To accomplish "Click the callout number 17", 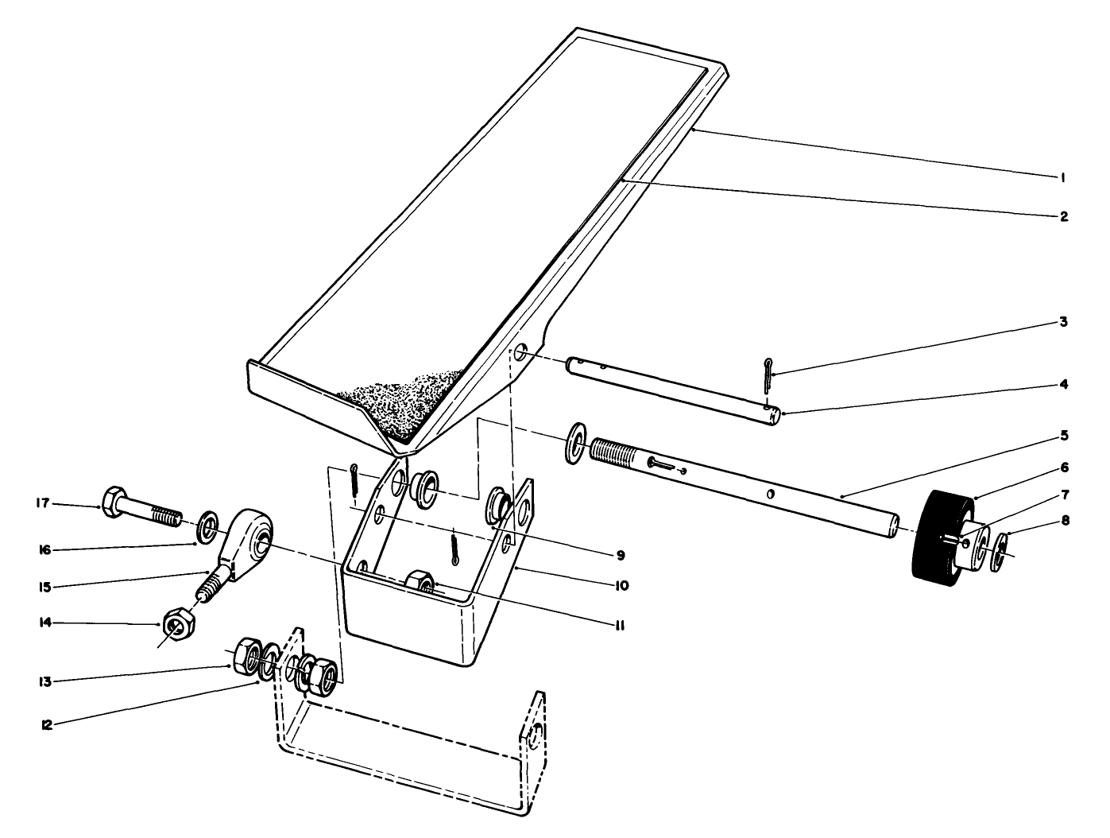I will pyautogui.click(x=42, y=503).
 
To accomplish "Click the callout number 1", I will pyautogui.click(x=1062, y=178).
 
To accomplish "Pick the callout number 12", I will pyautogui.click(x=47, y=725).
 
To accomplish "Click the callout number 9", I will pyautogui.click(x=621, y=555).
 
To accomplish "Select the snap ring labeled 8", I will pyautogui.click(x=1000, y=552).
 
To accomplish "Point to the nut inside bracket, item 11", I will pyautogui.click(x=418, y=582).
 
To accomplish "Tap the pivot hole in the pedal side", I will pyautogui.click(x=520, y=351).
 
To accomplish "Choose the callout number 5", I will pyautogui.click(x=1063, y=436).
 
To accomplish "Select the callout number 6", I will pyautogui.click(x=1063, y=467).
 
